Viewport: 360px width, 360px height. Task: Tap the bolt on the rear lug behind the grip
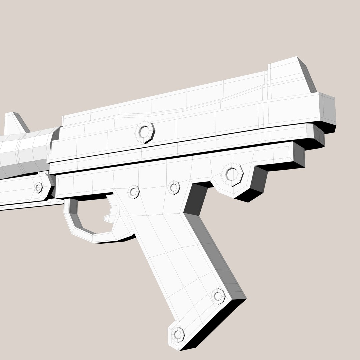(232, 174)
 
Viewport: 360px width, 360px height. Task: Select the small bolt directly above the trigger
(133, 192)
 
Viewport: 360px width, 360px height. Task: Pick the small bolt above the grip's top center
(174, 187)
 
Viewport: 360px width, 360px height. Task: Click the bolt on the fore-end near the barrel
(39, 187)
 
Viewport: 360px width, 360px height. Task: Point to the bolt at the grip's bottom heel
(178, 334)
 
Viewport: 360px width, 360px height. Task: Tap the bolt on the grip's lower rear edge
(218, 296)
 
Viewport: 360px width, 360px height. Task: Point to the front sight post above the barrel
(13, 123)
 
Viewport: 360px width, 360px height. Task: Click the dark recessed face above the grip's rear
(195, 198)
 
